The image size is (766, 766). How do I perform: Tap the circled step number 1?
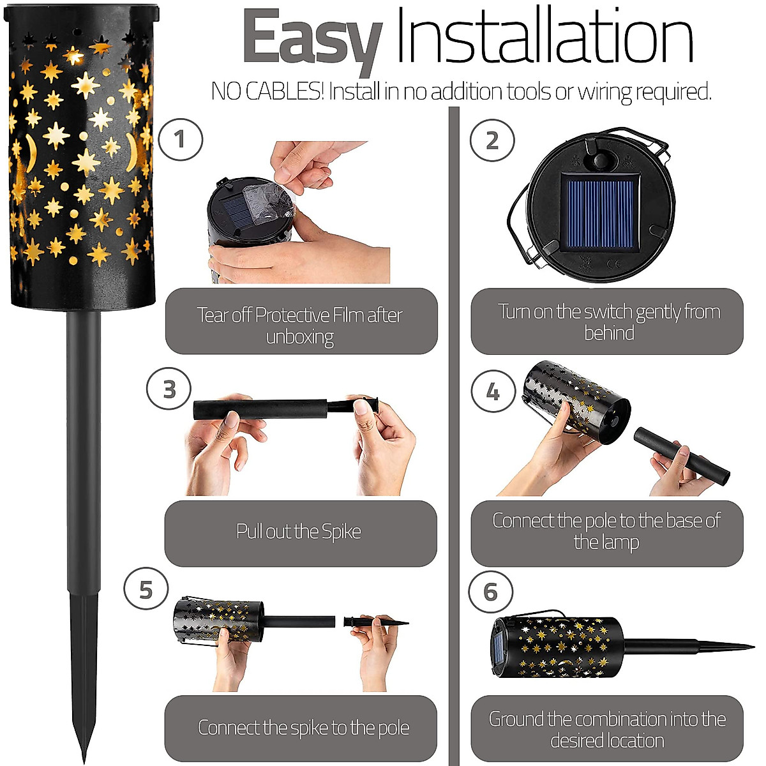pyautogui.click(x=180, y=139)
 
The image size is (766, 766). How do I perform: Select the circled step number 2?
pyautogui.click(x=492, y=140)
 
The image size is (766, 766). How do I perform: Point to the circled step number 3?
pyautogui.click(x=169, y=389)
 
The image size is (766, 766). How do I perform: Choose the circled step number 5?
pyautogui.click(x=146, y=590)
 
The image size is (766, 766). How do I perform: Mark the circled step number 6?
pyautogui.click(x=490, y=592)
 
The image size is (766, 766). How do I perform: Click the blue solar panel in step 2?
pyautogui.click(x=598, y=212)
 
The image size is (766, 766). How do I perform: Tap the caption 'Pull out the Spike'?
pyautogui.click(x=299, y=532)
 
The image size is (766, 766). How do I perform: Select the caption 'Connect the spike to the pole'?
pyautogui.click(x=303, y=728)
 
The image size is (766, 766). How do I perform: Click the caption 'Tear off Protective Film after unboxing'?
pyautogui.click(x=299, y=325)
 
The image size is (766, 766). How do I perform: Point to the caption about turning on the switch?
pyautogui.click(x=608, y=322)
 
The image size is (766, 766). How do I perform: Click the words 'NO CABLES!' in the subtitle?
pyautogui.click(x=267, y=92)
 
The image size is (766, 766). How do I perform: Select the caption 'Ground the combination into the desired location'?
pyautogui.click(x=607, y=730)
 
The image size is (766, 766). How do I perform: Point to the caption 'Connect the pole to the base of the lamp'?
pyautogui.click(x=606, y=531)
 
